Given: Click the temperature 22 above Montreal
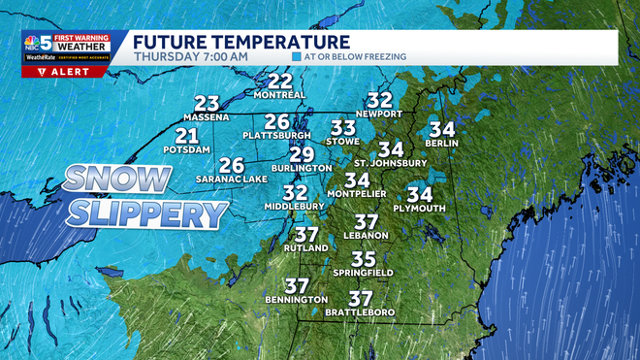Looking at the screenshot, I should click(280, 81).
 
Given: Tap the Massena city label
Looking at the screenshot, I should click(206, 117).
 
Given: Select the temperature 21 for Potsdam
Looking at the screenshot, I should click(187, 136).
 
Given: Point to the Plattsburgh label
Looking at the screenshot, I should click(276, 135).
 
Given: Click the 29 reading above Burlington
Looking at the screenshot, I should click(303, 153).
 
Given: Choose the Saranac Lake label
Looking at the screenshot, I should click(231, 179).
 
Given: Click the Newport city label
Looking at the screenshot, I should click(379, 114).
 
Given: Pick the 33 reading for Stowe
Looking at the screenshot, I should click(343, 127).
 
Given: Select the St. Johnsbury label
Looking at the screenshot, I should click(391, 163).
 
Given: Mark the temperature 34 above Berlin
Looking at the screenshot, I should click(442, 129).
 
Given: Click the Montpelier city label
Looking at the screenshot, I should click(358, 194).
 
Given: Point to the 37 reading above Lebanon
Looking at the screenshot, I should click(366, 222).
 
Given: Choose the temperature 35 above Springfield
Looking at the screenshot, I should click(363, 259).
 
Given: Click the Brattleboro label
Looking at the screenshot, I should click(362, 312).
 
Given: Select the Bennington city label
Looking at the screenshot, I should click(296, 300).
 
